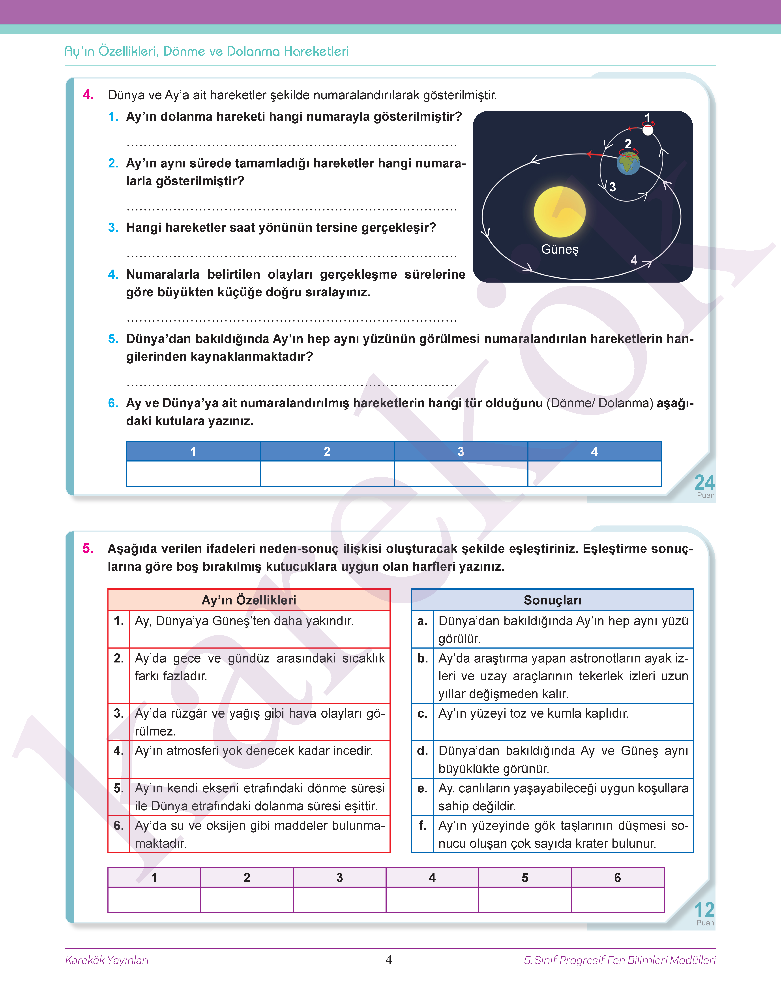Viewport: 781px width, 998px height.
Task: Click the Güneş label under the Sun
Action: (x=560, y=249)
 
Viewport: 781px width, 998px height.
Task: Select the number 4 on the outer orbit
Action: (x=634, y=260)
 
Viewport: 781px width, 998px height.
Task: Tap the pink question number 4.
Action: (x=88, y=95)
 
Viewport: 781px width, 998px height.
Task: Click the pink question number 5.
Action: (x=88, y=548)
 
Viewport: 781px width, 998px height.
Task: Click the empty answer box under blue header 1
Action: (x=193, y=473)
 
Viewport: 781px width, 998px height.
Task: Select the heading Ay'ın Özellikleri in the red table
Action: (x=249, y=600)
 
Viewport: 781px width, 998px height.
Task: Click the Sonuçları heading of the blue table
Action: (x=552, y=600)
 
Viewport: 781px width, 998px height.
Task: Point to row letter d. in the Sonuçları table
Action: (x=423, y=750)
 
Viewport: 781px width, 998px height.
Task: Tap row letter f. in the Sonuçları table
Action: (x=423, y=825)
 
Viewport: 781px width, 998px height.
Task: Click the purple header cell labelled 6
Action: (x=617, y=877)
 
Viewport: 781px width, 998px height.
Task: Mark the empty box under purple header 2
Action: (x=247, y=900)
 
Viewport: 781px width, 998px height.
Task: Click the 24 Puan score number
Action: (x=704, y=482)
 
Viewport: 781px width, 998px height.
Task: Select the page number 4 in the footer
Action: (x=389, y=960)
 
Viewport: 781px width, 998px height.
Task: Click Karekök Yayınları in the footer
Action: (x=107, y=960)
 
